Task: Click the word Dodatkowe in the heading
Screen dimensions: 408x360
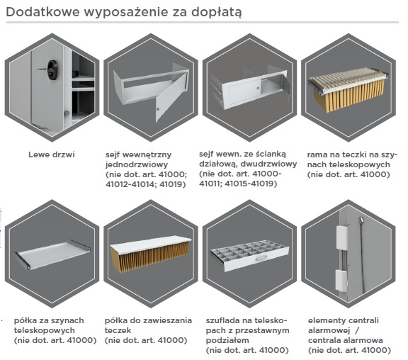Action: (42, 12)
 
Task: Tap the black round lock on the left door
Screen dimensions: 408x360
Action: (52, 69)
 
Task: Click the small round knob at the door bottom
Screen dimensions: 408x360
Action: (67, 113)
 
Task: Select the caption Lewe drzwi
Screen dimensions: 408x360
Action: (52, 154)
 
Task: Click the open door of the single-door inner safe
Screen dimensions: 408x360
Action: (171, 97)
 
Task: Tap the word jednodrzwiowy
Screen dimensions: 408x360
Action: (137, 165)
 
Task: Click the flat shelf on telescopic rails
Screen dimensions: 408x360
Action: (52, 256)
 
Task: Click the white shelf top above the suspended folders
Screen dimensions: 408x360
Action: (151, 242)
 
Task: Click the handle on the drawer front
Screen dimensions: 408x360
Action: (261, 258)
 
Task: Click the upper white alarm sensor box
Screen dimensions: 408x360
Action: (341, 237)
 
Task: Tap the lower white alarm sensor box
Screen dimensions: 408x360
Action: (341, 281)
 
